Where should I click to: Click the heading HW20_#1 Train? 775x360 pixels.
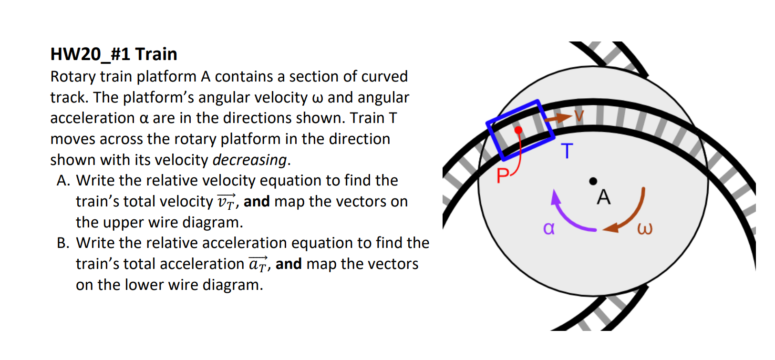[x=114, y=55]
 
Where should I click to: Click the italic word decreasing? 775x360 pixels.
[x=249, y=160]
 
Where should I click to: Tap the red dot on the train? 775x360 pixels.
[x=518, y=130]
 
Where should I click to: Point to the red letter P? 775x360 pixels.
[x=503, y=175]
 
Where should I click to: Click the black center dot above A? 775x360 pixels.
[x=593, y=181]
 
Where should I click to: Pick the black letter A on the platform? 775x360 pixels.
[x=604, y=197]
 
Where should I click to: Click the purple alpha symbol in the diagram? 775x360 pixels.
[x=549, y=228]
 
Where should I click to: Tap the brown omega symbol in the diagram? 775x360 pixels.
[x=645, y=229]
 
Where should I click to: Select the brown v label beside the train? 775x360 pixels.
[x=579, y=116]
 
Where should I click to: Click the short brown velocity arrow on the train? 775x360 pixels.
[x=558, y=118]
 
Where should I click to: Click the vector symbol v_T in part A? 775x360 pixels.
[x=227, y=201]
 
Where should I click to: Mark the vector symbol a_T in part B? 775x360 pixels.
[x=258, y=264]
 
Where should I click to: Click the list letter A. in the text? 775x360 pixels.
[x=63, y=181]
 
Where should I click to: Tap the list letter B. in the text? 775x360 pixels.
[x=63, y=243]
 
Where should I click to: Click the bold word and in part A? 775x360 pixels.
[x=257, y=202]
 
